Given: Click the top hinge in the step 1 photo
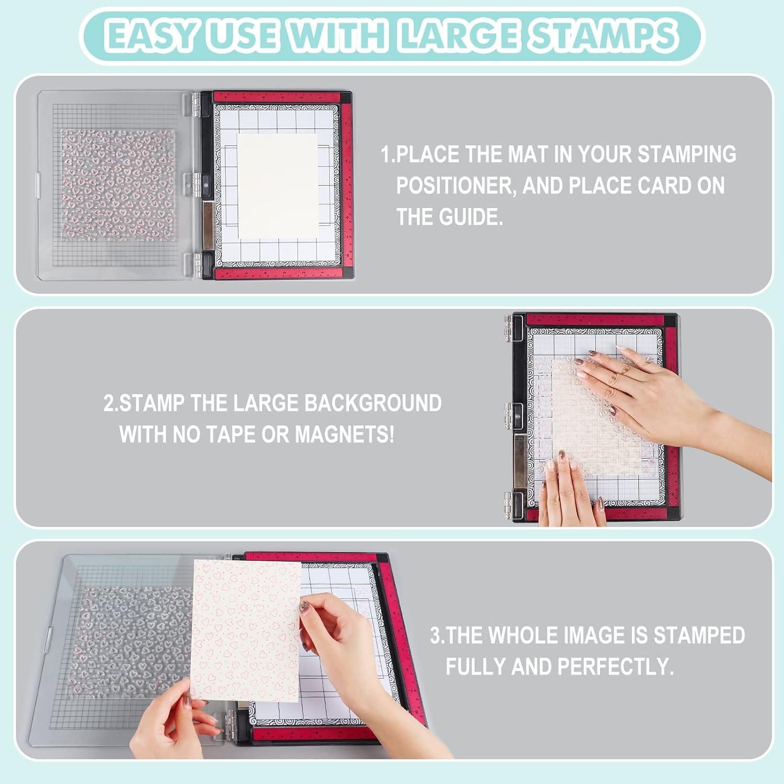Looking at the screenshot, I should click(x=195, y=102).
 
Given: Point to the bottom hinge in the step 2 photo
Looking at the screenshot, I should click(x=508, y=506).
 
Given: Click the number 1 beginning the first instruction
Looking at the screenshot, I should click(x=386, y=155).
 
